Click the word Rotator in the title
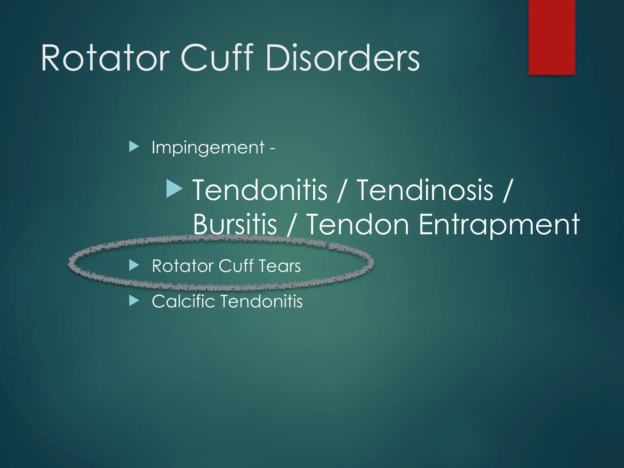click(105, 58)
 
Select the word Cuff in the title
click(217, 58)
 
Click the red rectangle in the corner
click(551, 37)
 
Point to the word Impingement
click(208, 148)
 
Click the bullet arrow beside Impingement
click(134, 147)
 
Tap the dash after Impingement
click(272, 149)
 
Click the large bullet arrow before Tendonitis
click(174, 188)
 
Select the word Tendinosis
click(425, 190)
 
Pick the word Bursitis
click(235, 224)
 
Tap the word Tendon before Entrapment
click(357, 224)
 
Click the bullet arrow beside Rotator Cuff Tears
click(134, 265)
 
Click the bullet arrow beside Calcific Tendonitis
click(134, 301)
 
